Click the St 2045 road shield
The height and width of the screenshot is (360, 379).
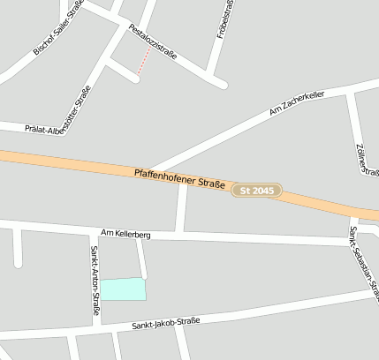(256, 191)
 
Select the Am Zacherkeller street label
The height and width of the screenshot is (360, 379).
(296, 105)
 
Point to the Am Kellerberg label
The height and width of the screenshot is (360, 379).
(126, 235)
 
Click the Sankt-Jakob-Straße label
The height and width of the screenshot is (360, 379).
(166, 324)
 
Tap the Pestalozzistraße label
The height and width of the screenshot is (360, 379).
(153, 41)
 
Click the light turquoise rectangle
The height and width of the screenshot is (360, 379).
(123, 289)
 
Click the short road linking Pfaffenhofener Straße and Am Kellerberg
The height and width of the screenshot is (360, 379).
(181, 209)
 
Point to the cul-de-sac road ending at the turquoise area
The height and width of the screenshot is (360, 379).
(141, 258)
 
